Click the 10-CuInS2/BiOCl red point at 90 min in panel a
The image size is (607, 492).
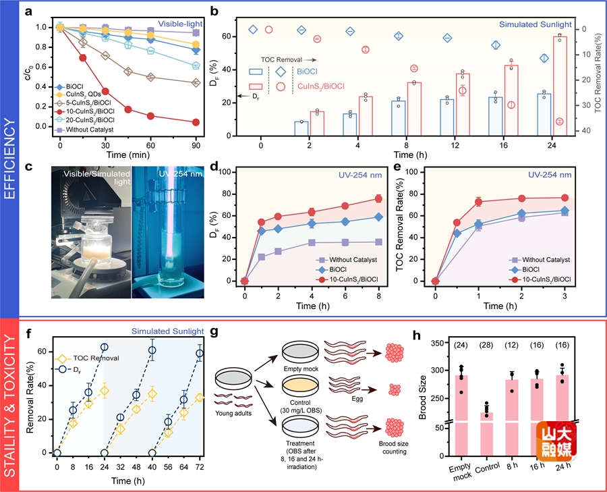click(196, 122)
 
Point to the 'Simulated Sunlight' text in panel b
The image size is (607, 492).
click(536, 24)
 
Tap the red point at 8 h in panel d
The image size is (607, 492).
click(378, 198)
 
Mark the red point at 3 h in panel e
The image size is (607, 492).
click(564, 198)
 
